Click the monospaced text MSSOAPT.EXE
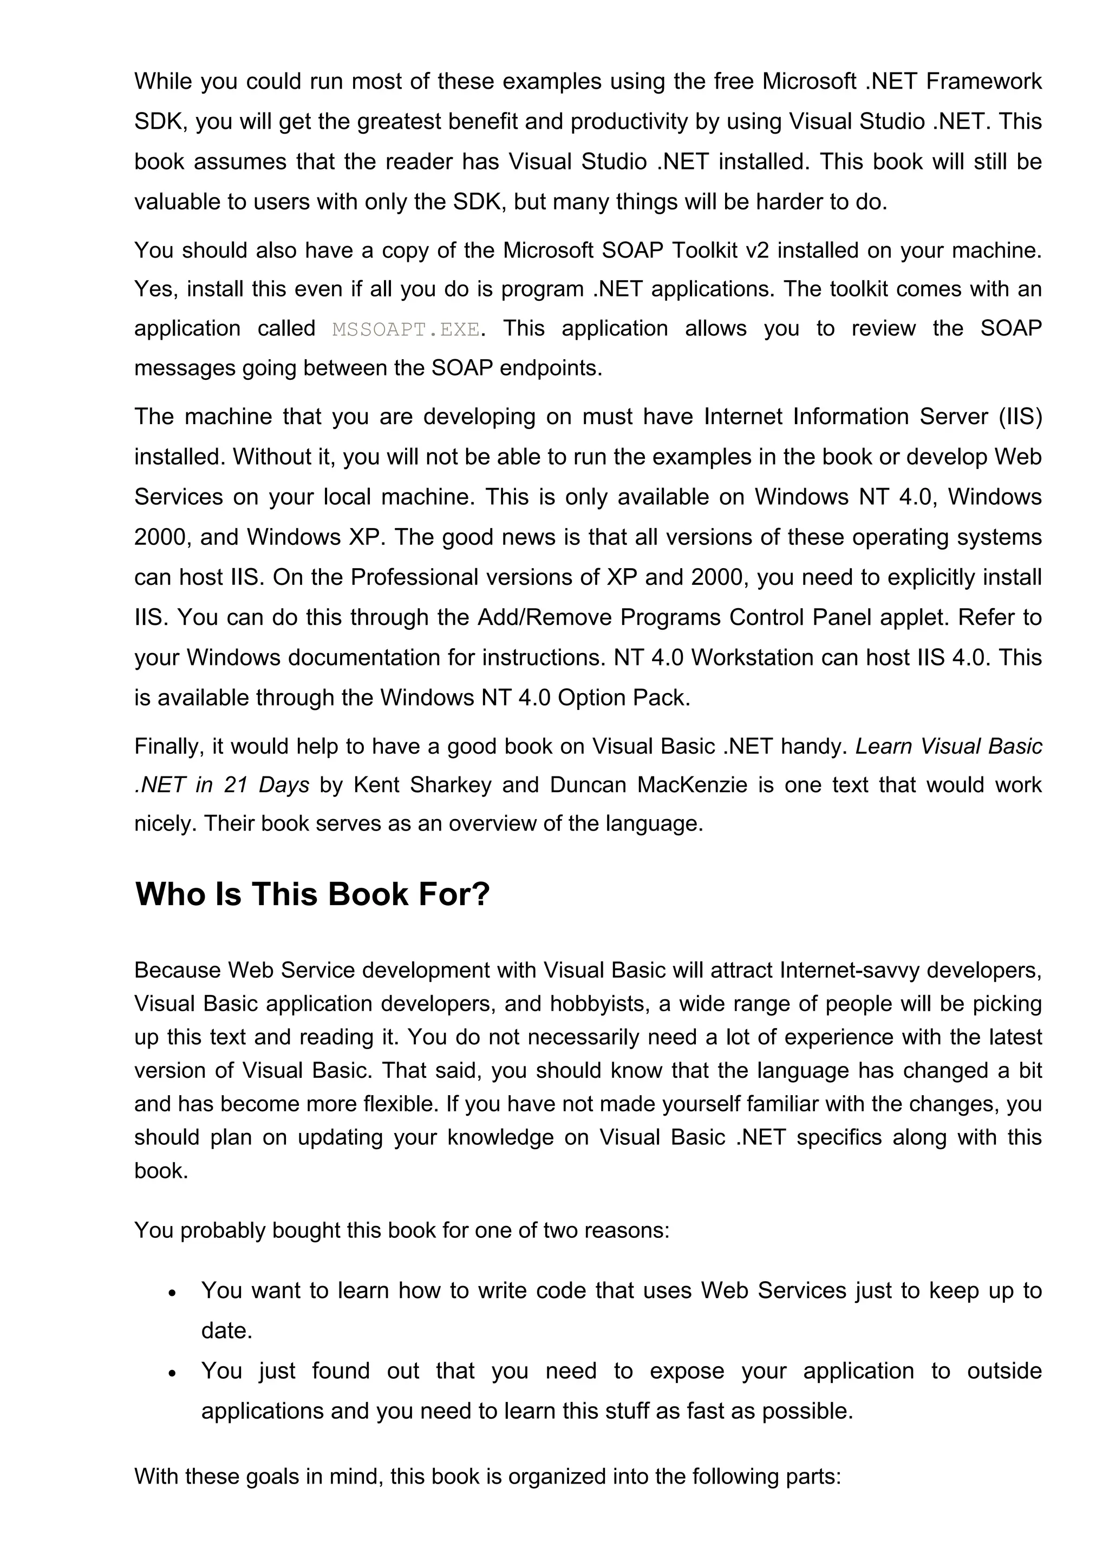[x=405, y=330]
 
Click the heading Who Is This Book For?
[x=312, y=894]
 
